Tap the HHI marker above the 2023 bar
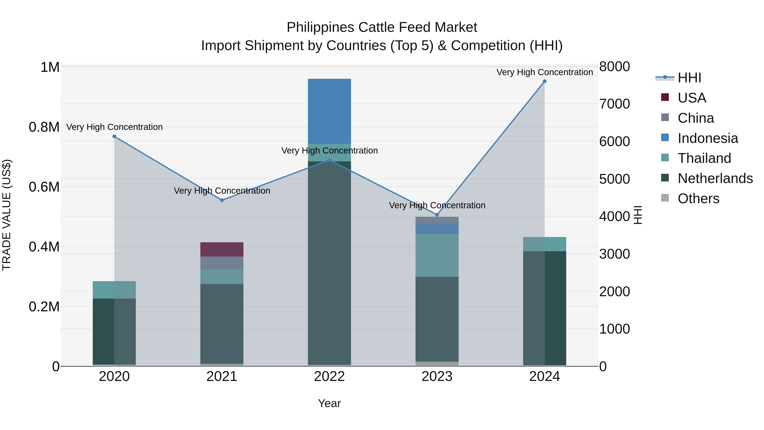437,214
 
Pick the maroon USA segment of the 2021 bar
222,249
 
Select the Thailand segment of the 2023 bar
437,255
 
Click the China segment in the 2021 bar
222,263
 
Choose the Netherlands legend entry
715,178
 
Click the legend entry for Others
698,199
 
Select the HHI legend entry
689,78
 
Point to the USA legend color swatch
665,97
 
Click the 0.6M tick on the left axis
44,187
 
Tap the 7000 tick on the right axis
615,104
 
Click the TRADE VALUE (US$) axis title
7,215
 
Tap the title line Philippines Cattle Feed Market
382,27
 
